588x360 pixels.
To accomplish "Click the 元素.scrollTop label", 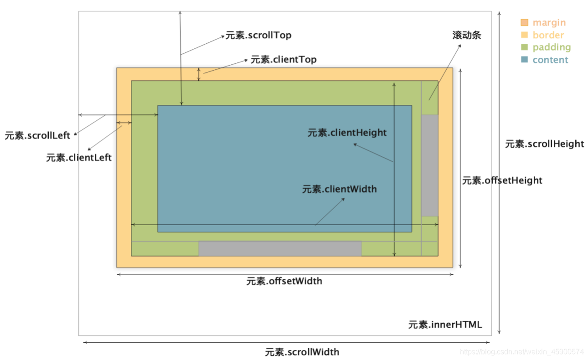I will click(x=258, y=35).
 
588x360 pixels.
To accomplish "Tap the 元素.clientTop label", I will click(x=283, y=60).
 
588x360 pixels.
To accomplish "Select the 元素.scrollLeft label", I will click(x=38, y=135).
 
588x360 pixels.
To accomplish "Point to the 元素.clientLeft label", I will click(x=79, y=158).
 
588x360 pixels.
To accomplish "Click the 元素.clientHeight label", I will click(x=347, y=133).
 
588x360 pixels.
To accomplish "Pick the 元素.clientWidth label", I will click(x=340, y=189).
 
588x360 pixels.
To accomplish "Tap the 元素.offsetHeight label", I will click(x=502, y=180).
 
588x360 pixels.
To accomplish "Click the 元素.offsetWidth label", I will click(x=284, y=281).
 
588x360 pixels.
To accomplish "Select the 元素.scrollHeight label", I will click(x=544, y=144).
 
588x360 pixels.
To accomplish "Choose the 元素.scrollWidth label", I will click(x=302, y=352).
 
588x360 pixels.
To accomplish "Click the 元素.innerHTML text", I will click(x=445, y=324).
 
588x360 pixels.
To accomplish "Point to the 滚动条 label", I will click(x=467, y=35).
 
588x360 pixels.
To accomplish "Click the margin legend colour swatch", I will click(x=524, y=22).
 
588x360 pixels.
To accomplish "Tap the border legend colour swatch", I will click(x=524, y=35).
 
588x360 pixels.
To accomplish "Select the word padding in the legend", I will click(x=552, y=47).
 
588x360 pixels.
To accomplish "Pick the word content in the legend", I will click(x=550, y=60).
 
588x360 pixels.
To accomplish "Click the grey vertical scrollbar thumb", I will click(x=429, y=165).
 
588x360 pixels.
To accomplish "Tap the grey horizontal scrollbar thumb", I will click(x=280, y=248).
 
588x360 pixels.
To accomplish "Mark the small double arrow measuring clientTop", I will click(x=199, y=74).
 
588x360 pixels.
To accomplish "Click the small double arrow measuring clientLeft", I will click(x=124, y=123).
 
